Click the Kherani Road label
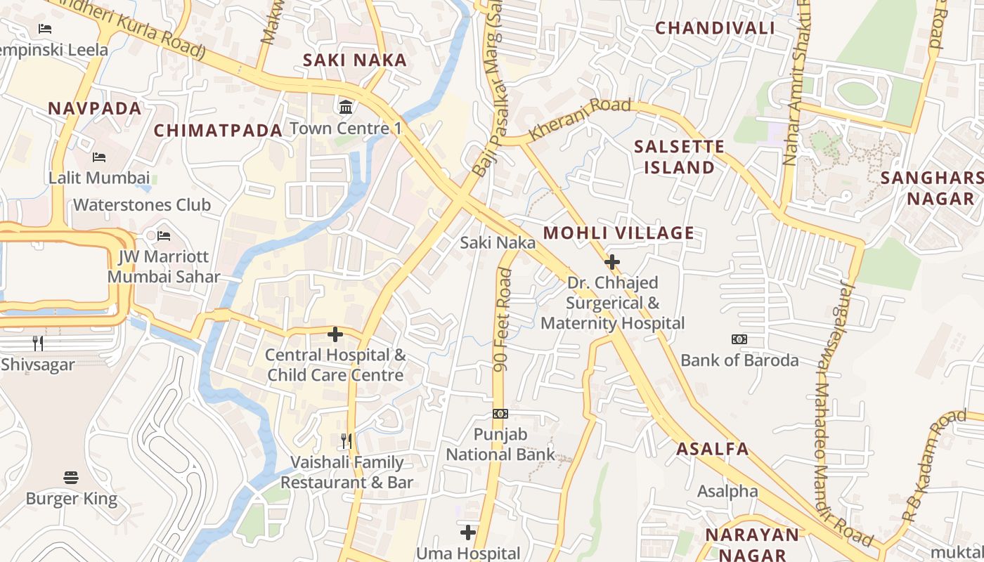tap(579, 118)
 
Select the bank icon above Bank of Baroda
tap(739, 339)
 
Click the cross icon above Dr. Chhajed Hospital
tap(612, 262)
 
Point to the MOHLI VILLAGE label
tap(619, 233)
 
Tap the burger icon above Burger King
tap(71, 478)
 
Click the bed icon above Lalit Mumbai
tap(99, 157)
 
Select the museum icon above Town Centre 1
tap(346, 107)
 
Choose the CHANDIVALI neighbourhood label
tap(715, 28)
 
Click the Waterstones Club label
tap(142, 205)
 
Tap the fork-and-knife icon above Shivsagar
tap(38, 344)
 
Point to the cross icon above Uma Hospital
tap(468, 532)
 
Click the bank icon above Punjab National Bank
tap(500, 414)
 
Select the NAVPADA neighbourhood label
tap(95, 109)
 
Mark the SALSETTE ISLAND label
tap(678, 157)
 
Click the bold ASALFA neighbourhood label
tap(713, 450)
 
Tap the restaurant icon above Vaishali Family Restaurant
tap(347, 441)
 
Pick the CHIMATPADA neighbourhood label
tap(218, 131)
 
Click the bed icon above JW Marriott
tap(164, 235)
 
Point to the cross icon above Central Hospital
tap(335, 334)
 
